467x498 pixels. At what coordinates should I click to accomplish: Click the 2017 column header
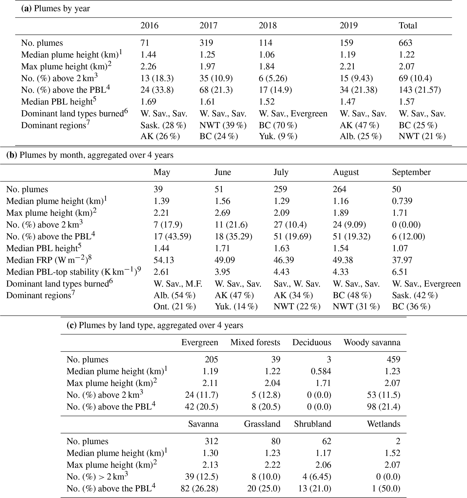coord(208,26)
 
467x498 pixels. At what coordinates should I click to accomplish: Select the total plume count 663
coord(405,43)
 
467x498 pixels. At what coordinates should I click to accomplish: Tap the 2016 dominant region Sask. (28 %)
coord(163,125)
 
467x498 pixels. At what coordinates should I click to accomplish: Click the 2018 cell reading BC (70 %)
coord(278,125)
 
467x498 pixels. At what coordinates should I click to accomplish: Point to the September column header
coord(411,172)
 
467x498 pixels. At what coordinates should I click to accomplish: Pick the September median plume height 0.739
coord(402,201)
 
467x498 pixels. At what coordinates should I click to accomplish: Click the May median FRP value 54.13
coord(164,260)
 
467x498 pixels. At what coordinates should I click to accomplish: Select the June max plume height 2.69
coord(222,213)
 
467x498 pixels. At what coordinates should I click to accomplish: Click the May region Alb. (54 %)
coord(174,296)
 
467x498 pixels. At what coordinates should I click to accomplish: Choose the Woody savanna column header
coord(372,342)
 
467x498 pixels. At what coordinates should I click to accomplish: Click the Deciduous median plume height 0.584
coord(321,371)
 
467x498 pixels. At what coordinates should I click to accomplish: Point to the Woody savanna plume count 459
coord(393,360)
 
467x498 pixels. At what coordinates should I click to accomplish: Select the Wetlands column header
coord(383,424)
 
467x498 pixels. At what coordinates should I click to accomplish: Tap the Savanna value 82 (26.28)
coord(199,489)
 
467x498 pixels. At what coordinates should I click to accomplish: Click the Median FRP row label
coord(49,260)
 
